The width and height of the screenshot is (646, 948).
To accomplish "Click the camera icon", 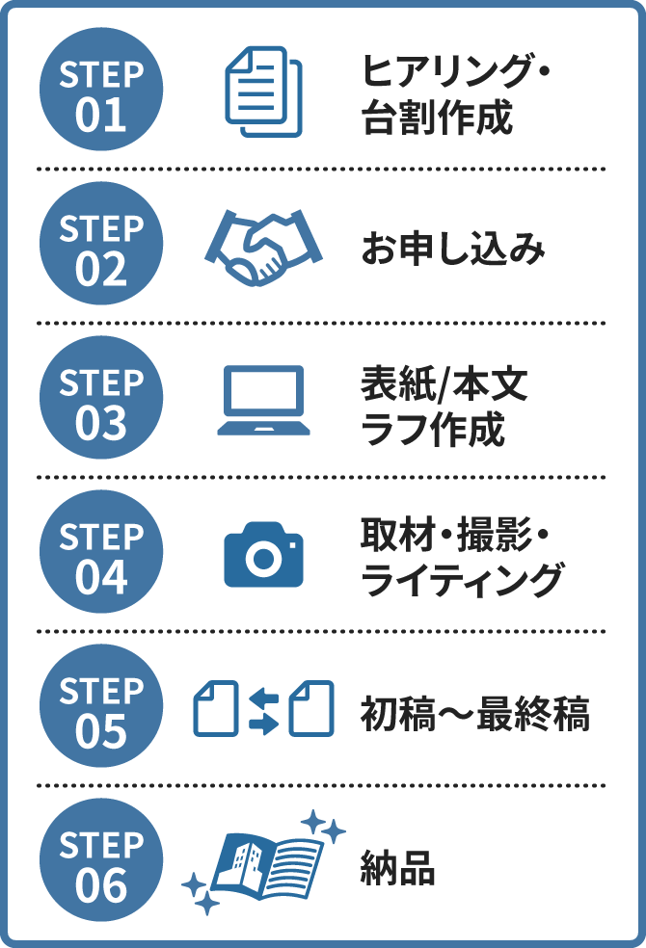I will pyautogui.click(x=263, y=556).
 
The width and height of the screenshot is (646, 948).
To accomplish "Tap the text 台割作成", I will pyautogui.click(x=436, y=118).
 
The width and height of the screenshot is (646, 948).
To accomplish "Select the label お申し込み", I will pyautogui.click(x=453, y=250).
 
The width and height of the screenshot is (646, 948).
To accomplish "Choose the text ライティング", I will pyautogui.click(x=461, y=581).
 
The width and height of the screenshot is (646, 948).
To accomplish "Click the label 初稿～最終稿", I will pyautogui.click(x=474, y=714).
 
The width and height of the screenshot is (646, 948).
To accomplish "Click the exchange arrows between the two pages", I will pyautogui.click(x=263, y=709).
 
